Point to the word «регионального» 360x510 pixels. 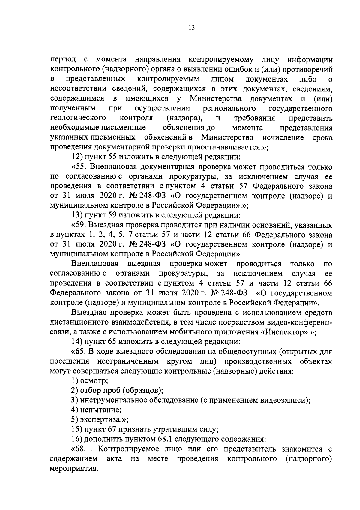229,108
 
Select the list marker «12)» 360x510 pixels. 77,157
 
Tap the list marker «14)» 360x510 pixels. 77,342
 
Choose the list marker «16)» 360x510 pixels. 77,439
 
